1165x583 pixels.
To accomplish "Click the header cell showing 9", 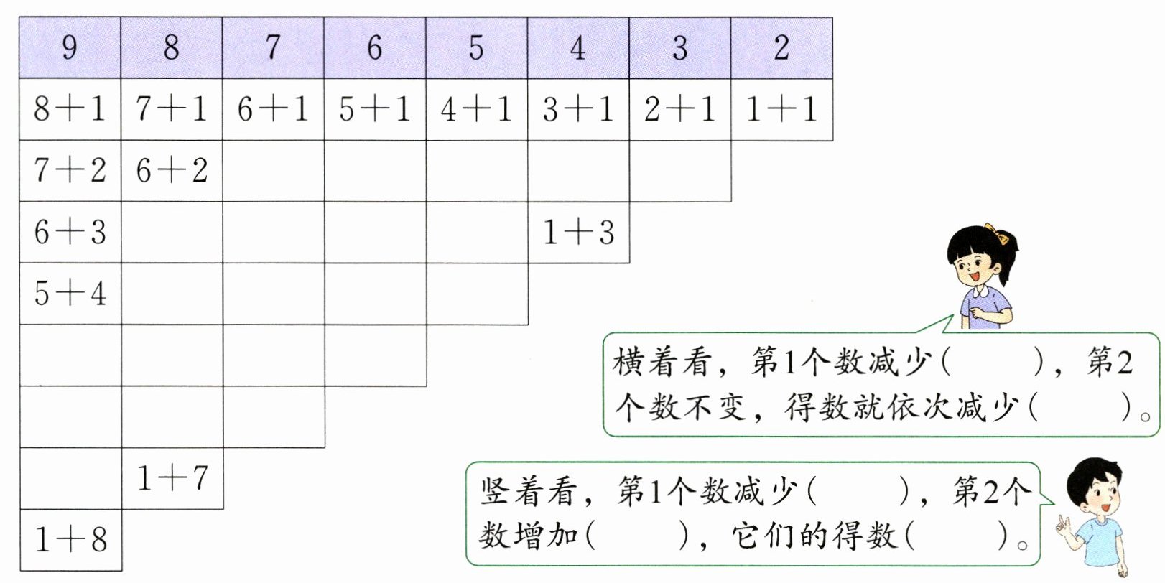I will (x=70, y=48).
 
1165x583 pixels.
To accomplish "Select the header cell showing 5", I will (x=476, y=48).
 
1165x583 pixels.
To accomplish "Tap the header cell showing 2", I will (x=781, y=48).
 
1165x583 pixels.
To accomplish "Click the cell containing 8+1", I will (x=70, y=109).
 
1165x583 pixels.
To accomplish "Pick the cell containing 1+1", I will (x=781, y=109).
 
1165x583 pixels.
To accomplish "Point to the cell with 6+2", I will (x=172, y=171).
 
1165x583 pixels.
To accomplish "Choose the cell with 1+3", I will (x=578, y=232).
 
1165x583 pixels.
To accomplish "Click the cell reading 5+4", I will (x=70, y=294).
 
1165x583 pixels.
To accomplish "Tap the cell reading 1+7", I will (x=172, y=478).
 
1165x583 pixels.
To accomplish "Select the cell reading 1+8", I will (x=70, y=540).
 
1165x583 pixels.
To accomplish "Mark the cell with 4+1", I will (x=476, y=109).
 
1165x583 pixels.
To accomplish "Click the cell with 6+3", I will (x=70, y=232).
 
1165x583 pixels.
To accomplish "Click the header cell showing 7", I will (x=273, y=48).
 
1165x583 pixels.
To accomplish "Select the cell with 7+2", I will (x=70, y=171).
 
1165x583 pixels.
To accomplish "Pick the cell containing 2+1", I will (x=679, y=109).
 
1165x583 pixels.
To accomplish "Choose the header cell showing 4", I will (x=578, y=48).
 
